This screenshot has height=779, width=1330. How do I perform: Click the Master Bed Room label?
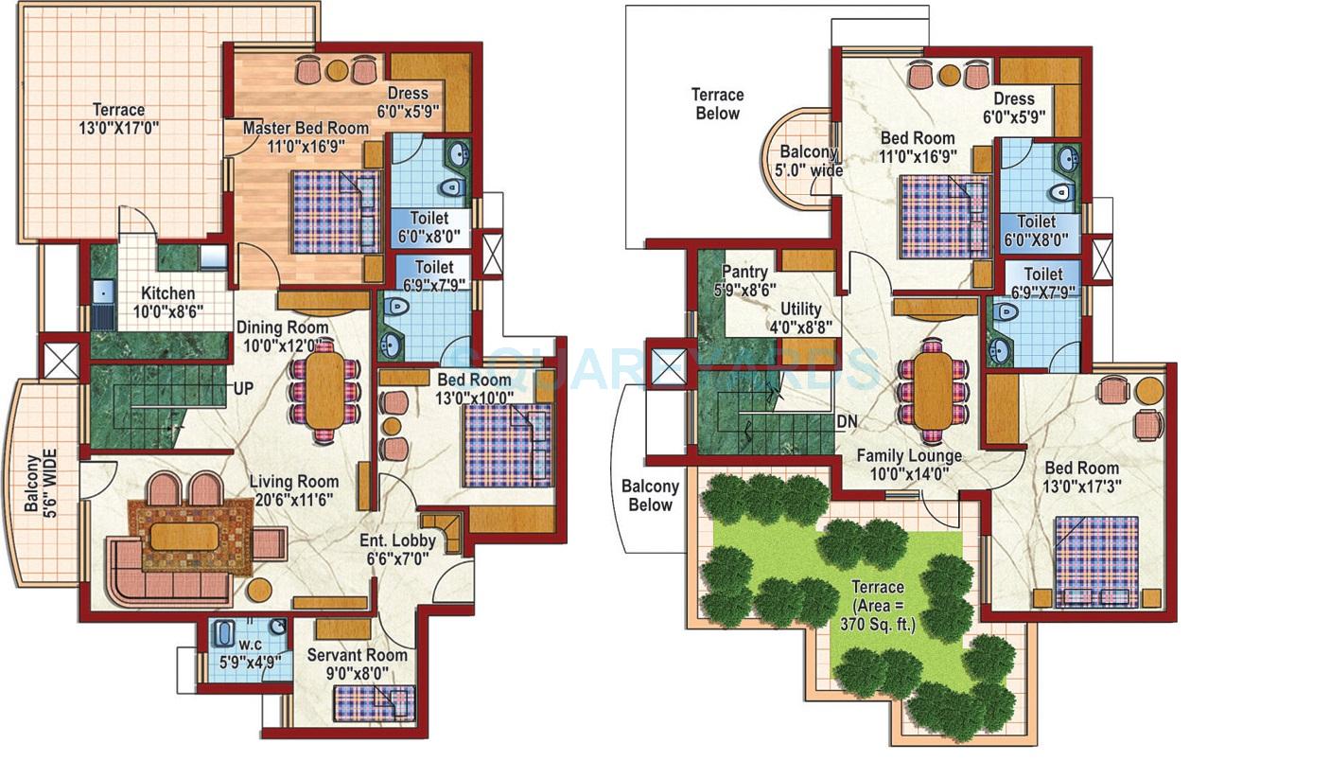tap(305, 128)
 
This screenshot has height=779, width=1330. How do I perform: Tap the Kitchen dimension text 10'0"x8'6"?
tap(168, 310)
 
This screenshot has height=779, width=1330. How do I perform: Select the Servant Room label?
tap(357, 655)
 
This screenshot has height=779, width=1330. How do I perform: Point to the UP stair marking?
tap(244, 388)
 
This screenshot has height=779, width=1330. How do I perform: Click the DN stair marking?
tap(847, 422)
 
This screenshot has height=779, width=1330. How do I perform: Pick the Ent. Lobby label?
tap(397, 540)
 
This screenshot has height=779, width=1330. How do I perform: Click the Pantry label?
tap(744, 273)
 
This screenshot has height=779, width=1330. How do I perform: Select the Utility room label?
tap(800, 310)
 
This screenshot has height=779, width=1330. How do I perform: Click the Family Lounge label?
tap(908, 455)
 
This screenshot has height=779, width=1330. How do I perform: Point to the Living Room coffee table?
tap(184, 537)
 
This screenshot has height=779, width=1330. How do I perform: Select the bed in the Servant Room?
tap(373, 703)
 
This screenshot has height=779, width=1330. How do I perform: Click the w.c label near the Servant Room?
tap(250, 644)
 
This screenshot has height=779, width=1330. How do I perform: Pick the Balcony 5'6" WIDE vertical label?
tap(41, 483)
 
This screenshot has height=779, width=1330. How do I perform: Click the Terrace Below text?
tap(717, 104)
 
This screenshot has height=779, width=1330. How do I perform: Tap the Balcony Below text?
tap(650, 495)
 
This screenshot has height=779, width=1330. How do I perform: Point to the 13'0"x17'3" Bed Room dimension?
tap(1081, 487)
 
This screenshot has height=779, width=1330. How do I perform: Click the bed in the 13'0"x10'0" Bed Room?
tap(507, 445)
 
